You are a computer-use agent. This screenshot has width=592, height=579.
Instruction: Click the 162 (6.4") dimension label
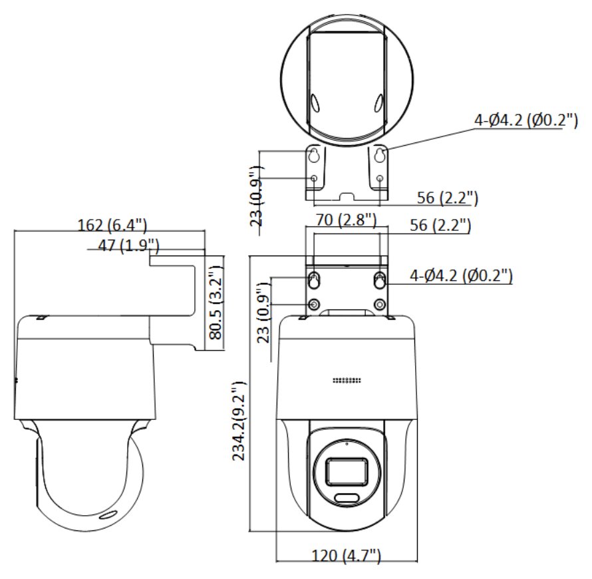click(x=112, y=224)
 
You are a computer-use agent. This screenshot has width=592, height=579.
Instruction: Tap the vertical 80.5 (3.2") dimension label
click(x=214, y=302)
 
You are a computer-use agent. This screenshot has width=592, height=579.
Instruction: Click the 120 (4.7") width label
click(x=346, y=555)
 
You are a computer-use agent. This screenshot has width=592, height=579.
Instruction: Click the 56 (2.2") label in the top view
click(x=448, y=198)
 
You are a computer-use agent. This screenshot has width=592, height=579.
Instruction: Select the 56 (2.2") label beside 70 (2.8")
click(x=439, y=226)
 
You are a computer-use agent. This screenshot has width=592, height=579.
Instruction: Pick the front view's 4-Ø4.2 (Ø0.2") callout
click(x=462, y=274)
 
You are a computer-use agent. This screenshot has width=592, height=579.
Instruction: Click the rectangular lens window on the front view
click(x=345, y=471)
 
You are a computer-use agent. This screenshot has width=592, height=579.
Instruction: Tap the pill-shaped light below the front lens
click(x=345, y=498)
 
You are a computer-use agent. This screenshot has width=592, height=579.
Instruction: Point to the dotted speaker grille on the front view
click(x=346, y=381)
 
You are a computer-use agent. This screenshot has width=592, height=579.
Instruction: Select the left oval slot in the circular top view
click(x=315, y=103)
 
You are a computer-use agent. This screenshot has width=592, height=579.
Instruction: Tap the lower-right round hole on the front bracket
click(x=379, y=305)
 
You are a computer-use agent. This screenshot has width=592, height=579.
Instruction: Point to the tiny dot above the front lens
click(x=345, y=443)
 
